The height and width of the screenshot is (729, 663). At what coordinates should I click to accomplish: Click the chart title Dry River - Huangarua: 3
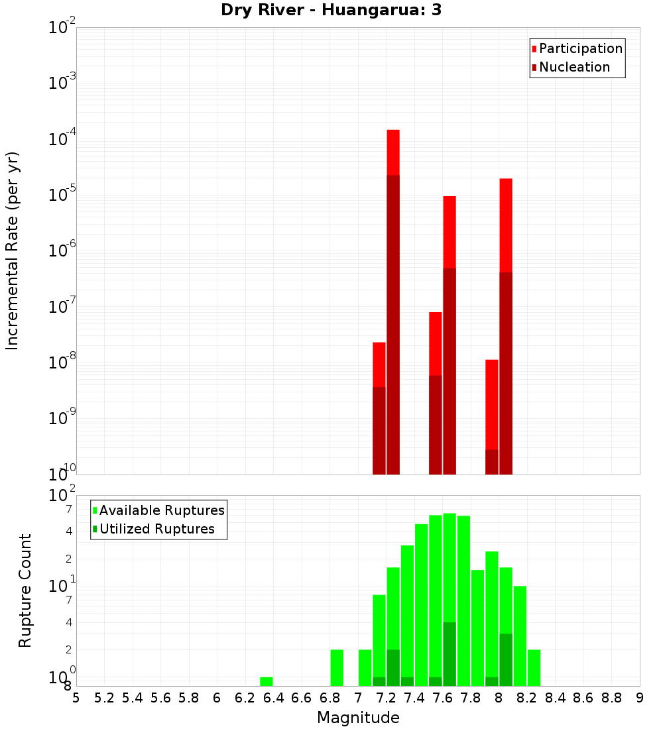[x=331, y=11]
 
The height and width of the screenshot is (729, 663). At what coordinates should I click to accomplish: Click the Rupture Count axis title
[x=25, y=590]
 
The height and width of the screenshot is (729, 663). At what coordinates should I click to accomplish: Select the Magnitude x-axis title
[x=358, y=718]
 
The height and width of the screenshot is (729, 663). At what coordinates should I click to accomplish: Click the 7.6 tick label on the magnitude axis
[x=443, y=698]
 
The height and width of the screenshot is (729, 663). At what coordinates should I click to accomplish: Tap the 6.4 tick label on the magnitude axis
[x=273, y=698]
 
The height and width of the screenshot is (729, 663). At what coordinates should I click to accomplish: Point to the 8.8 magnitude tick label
[x=611, y=698]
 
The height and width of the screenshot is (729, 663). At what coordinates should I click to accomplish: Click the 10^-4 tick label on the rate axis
[x=62, y=139]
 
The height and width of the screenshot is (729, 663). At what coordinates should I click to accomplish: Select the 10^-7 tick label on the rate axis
[x=62, y=306]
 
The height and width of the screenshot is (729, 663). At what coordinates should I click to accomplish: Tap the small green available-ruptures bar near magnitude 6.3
[x=267, y=681]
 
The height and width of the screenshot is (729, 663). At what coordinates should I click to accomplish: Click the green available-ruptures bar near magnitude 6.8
[x=337, y=667]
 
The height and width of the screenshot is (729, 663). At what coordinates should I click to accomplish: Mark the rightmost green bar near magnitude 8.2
[x=534, y=667]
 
